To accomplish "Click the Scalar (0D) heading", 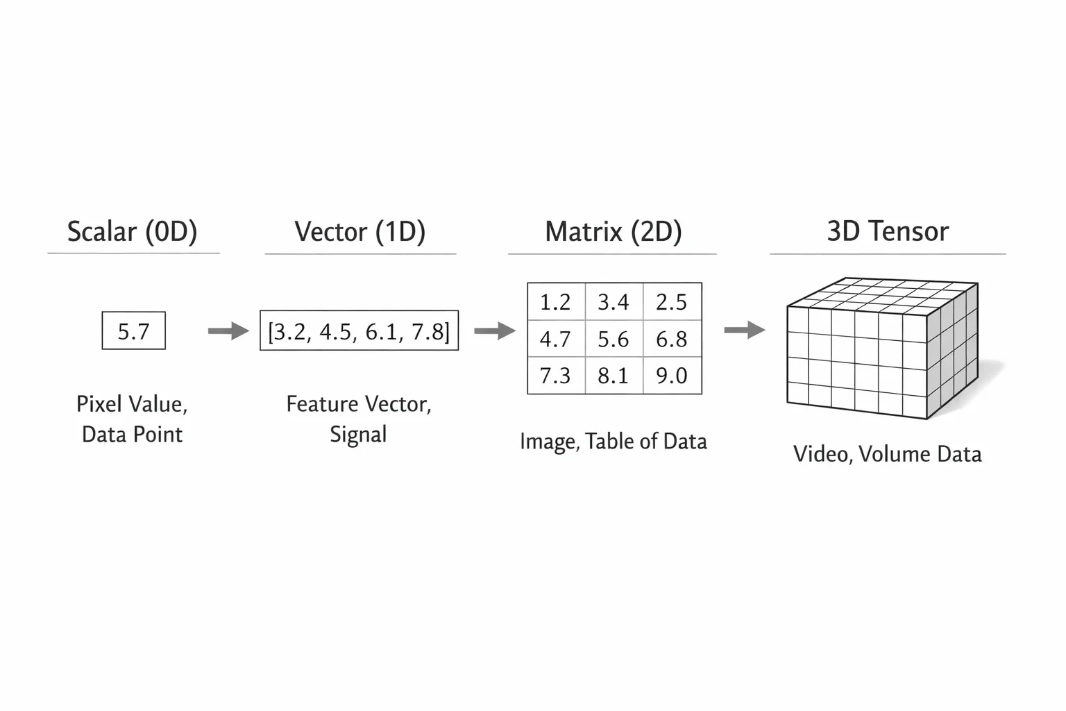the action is click(133, 232).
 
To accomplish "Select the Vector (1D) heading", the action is click(360, 232).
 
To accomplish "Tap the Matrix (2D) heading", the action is click(614, 232).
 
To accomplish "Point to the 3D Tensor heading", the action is click(888, 231).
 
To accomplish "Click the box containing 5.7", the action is click(134, 331).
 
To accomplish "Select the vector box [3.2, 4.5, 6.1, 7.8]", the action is click(359, 331).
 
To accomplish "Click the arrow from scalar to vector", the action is click(228, 331).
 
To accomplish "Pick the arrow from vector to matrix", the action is click(495, 331).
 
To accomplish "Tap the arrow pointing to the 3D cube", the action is click(745, 330).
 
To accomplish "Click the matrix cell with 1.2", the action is click(557, 301).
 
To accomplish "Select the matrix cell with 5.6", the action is click(614, 339).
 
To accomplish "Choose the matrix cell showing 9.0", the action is click(672, 376).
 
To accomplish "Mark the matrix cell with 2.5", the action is click(672, 301).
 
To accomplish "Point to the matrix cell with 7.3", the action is click(557, 376).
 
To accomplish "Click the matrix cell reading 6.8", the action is click(672, 339).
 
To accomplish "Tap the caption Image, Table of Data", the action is click(614, 442).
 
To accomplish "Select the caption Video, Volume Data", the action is click(888, 454).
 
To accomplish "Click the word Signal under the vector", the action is click(358, 435).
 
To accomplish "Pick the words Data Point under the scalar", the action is click(133, 435).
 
